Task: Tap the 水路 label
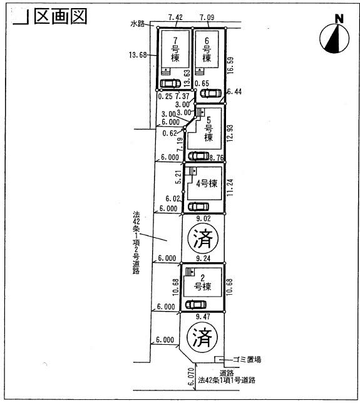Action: pos(138,24)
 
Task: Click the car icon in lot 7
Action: pos(170,84)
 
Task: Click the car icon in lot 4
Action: pos(200,207)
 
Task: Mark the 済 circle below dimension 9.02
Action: pos(202,237)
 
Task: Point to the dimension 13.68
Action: pos(138,55)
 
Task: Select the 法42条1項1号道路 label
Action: pos(227,380)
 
